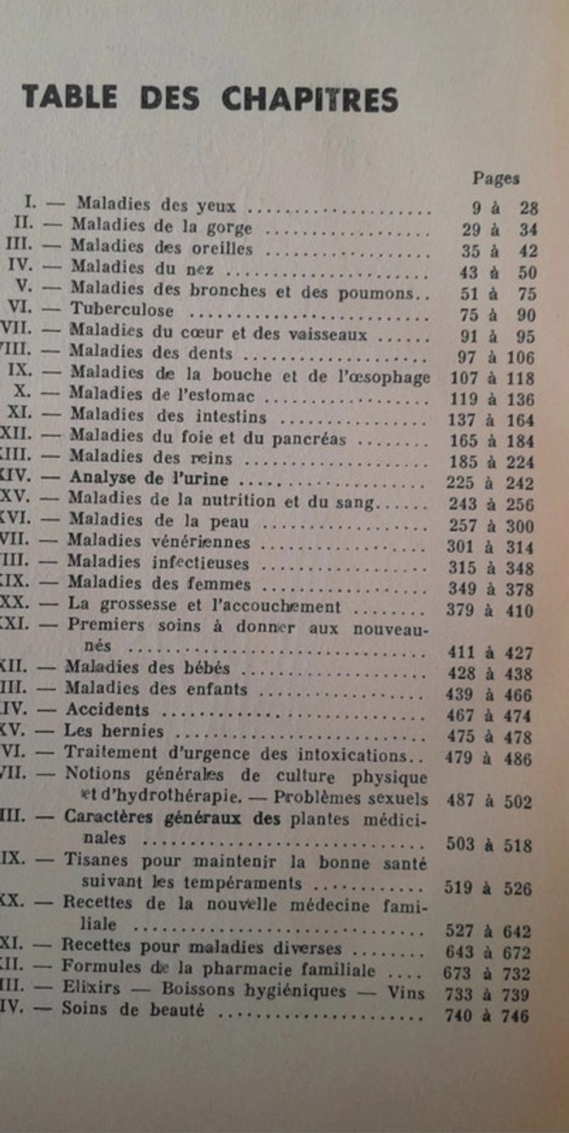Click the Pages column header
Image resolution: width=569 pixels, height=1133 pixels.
tap(495, 179)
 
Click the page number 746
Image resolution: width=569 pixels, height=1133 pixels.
tap(517, 1016)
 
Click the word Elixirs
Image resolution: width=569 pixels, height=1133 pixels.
tap(91, 991)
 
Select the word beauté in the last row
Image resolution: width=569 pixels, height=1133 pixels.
tap(177, 1013)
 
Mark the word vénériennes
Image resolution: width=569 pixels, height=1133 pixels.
tap(205, 541)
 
